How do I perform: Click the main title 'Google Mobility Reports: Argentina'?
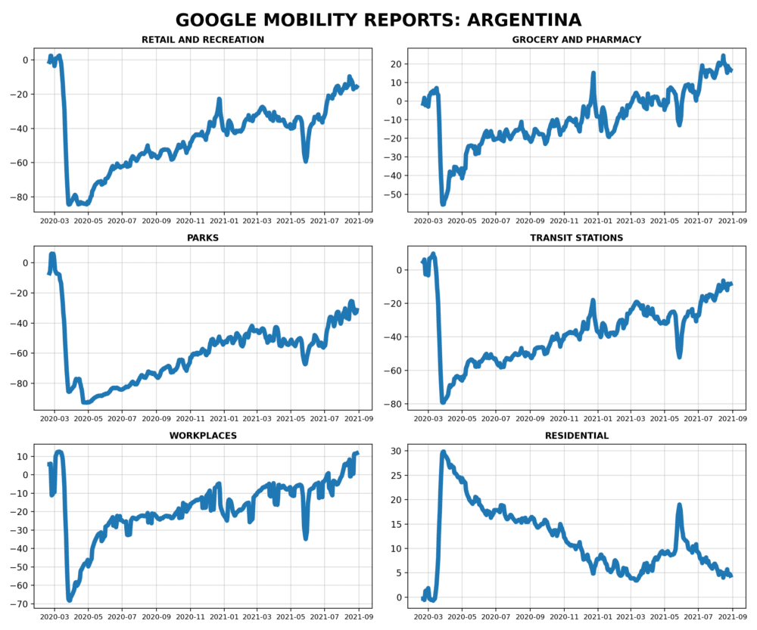tap(378, 20)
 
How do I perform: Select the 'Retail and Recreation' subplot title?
tap(203, 39)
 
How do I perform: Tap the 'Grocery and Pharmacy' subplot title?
tap(576, 39)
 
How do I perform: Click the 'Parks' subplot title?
tap(203, 237)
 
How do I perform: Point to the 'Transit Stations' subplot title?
tap(576, 237)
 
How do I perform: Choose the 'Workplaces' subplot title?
tap(203, 436)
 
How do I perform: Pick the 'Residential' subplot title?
tap(576, 436)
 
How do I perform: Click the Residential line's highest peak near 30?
tap(444, 452)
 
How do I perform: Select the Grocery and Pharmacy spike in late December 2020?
tap(594, 73)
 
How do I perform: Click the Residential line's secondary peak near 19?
tap(680, 504)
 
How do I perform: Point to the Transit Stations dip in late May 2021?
tap(680, 356)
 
